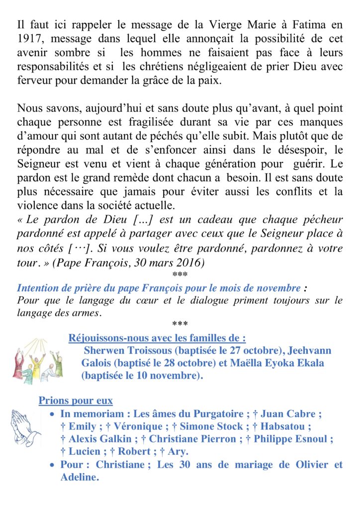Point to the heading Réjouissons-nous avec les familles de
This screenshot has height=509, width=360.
[x=157, y=339]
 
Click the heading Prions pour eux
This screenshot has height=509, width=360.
[x=76, y=400]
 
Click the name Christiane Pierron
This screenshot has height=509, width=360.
[x=194, y=439]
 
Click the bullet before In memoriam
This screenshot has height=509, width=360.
[x=53, y=414]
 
